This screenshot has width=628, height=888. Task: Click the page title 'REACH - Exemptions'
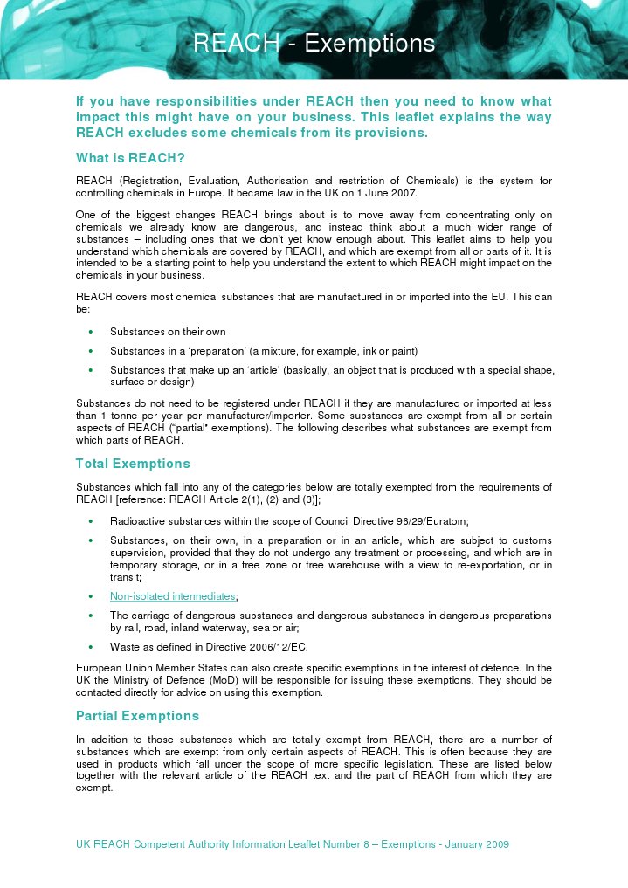[314, 43]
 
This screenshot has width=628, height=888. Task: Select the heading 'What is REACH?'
[130, 158]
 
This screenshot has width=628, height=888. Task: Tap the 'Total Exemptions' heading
[133, 464]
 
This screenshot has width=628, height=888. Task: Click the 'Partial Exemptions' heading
[137, 716]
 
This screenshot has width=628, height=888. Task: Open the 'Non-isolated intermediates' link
[172, 596]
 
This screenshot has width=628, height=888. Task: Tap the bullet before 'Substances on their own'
[92, 332]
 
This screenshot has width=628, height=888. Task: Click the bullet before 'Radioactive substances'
[92, 520]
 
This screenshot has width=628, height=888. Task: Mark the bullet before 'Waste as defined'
[92, 648]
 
